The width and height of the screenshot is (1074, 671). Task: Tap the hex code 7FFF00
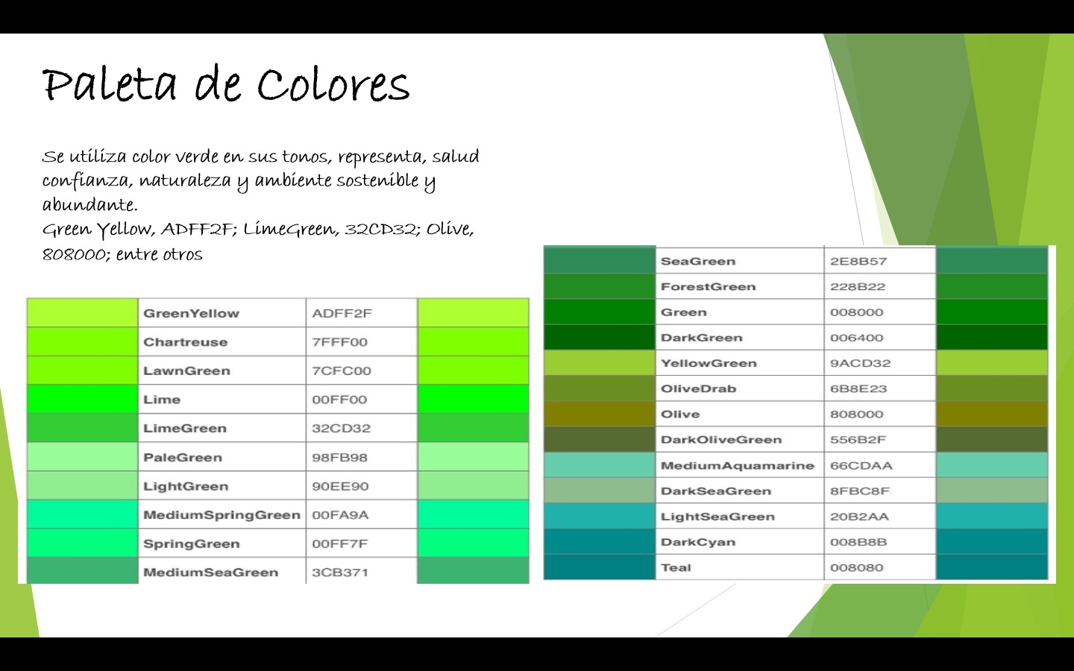click(339, 342)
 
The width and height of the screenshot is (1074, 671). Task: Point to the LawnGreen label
click(186, 371)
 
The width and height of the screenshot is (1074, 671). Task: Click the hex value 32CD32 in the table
click(342, 428)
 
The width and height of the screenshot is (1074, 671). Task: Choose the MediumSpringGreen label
click(222, 514)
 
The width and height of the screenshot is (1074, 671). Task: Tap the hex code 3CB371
click(340, 573)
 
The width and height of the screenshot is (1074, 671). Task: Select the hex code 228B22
click(858, 286)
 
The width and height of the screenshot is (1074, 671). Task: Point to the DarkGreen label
click(701, 338)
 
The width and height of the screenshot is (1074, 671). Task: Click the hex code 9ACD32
click(860, 363)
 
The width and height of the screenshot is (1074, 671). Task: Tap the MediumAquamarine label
click(738, 465)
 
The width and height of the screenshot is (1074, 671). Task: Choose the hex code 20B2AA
click(859, 517)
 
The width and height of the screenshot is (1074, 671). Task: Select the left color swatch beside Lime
click(83, 400)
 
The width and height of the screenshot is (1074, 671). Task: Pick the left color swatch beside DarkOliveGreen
click(600, 440)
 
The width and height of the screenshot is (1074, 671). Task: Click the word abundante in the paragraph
click(90, 204)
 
